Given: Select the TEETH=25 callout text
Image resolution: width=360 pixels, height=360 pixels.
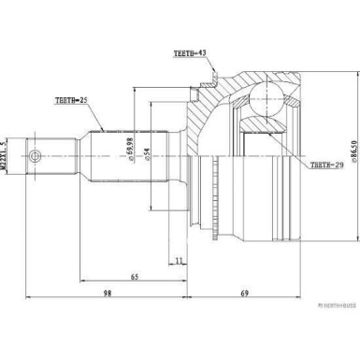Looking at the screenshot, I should coord(73,99).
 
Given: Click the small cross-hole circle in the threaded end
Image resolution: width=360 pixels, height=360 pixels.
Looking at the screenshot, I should coord(34,155).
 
